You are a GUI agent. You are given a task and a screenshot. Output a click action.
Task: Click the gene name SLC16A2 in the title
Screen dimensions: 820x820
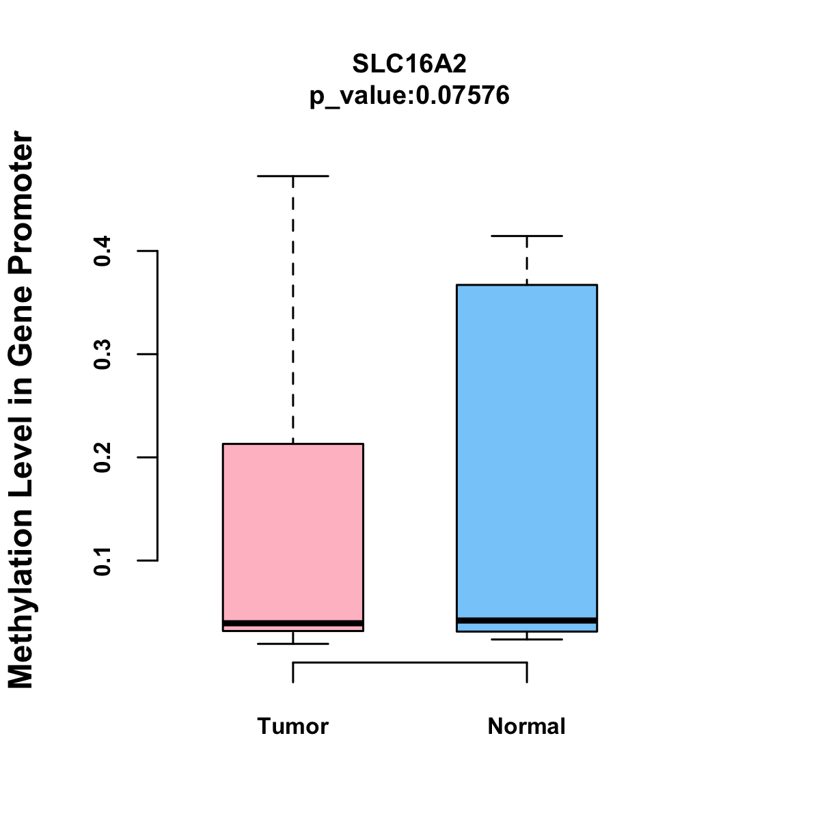tap(409, 64)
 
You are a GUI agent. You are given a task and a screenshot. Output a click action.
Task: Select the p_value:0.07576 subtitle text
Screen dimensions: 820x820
tap(409, 96)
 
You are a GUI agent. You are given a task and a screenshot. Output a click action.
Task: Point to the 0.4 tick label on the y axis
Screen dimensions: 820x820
tap(103, 251)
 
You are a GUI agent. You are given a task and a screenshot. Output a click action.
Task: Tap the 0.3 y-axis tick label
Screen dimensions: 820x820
tap(103, 354)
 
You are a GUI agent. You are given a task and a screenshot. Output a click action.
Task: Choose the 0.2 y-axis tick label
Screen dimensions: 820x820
tap(103, 457)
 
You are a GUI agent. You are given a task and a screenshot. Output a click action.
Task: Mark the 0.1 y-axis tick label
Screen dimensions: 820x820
tap(103, 560)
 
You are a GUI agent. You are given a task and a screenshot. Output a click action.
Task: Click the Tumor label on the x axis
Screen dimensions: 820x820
tap(292, 726)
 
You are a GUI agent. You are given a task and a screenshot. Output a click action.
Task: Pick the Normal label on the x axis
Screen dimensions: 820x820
tap(526, 726)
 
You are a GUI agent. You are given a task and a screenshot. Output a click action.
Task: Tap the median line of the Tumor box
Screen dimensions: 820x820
tap(292, 623)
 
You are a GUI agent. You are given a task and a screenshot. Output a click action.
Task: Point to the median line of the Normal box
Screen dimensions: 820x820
tap(526, 620)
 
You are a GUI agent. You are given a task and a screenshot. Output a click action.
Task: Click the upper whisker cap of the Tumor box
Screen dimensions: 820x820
tap(292, 176)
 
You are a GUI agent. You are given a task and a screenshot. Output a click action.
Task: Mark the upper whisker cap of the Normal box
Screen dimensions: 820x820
tap(526, 236)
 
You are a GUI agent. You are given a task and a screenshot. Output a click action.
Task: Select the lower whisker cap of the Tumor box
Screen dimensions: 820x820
tap(292, 644)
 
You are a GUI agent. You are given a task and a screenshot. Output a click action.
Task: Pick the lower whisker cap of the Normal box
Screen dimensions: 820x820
tap(526, 640)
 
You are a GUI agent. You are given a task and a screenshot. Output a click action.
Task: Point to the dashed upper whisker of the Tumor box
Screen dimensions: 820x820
tap(292, 307)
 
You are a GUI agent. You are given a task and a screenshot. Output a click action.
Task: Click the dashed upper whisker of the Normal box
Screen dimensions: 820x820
tap(526, 260)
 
